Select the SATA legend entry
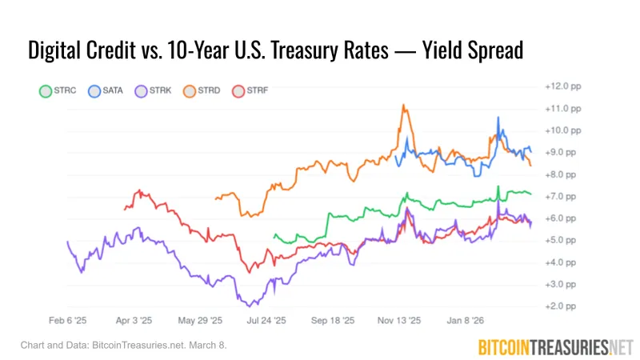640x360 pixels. [x=106, y=92]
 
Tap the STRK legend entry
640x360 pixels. [x=154, y=92]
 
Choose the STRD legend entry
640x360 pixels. [x=202, y=92]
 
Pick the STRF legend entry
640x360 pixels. [x=250, y=92]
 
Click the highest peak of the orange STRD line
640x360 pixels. [x=404, y=105]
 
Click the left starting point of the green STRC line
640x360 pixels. [x=274, y=235]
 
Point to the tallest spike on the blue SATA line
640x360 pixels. [x=498, y=118]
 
